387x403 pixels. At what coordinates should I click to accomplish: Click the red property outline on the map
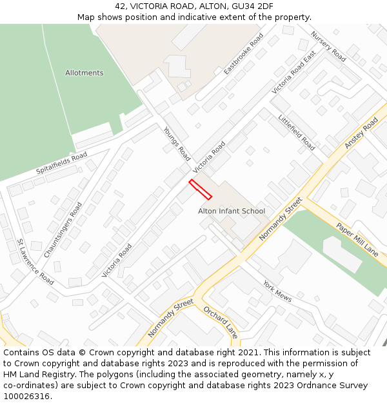click(200, 189)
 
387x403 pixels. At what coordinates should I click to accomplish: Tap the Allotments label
click(84, 73)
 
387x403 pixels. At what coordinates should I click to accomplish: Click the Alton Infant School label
click(232, 211)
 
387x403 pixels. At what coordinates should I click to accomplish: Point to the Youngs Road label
click(177, 144)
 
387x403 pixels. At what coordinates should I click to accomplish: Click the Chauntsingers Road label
click(63, 230)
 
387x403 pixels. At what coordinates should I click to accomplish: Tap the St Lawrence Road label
click(35, 262)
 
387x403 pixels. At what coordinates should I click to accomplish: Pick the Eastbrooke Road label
click(244, 54)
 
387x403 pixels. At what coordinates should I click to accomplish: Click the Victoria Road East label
click(293, 73)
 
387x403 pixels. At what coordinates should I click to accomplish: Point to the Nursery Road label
click(328, 46)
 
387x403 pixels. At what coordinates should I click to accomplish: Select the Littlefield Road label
click(296, 132)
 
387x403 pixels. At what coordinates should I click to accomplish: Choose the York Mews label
click(277, 291)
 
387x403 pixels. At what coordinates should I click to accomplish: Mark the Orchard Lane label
click(221, 322)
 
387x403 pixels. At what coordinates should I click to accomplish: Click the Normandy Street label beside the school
click(281, 219)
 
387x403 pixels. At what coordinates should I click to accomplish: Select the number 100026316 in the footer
click(26, 397)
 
